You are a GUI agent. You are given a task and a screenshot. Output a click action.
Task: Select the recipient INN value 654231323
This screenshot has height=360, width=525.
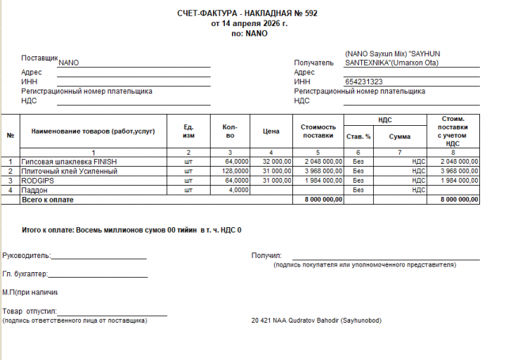pos(363,82)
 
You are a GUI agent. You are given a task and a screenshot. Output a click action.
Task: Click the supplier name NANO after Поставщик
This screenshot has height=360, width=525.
pos(69,63)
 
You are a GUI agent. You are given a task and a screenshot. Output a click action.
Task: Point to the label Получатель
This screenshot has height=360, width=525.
pos(313,63)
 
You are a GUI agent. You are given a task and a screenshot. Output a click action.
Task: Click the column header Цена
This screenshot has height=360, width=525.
pos(271,131)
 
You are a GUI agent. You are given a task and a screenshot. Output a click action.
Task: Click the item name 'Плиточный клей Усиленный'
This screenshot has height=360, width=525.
pos(69,171)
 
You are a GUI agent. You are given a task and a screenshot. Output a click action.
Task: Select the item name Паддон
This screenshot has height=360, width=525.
pos(34,190)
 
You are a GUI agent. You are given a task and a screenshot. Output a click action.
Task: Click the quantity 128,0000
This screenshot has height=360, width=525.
pos(235,171)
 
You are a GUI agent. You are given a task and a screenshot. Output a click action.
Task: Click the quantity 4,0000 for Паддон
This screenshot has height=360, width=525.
pos(239,190)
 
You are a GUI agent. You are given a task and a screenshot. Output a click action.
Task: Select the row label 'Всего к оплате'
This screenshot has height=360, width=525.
pos(48,200)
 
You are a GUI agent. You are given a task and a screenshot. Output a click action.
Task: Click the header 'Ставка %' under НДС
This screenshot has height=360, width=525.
pos(358,136)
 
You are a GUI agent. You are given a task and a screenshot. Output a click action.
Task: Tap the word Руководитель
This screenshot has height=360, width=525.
pos(26,255)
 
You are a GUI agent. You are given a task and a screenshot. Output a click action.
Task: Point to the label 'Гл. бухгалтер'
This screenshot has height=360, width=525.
pos(25,274)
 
